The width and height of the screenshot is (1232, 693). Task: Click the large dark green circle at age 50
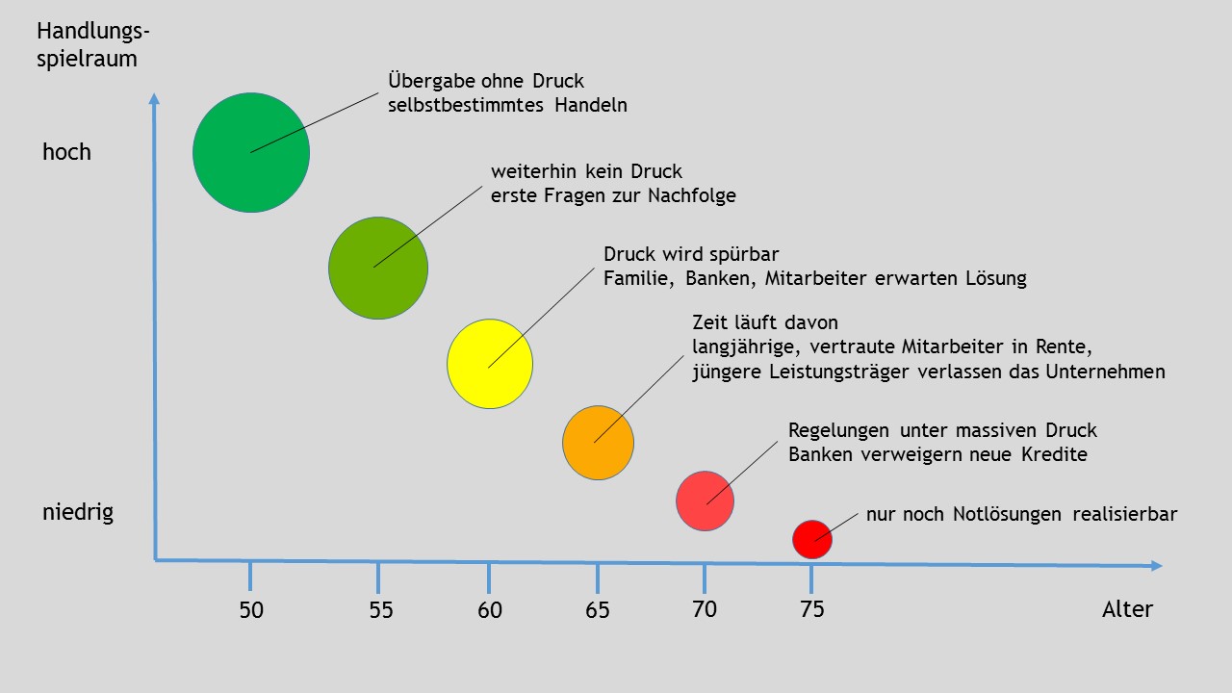click(251, 152)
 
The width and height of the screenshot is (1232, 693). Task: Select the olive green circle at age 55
click(378, 269)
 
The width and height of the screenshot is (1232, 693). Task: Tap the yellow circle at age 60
click(490, 364)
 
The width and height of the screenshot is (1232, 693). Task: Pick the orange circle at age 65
click(598, 443)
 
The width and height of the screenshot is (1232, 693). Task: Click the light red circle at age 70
click(705, 500)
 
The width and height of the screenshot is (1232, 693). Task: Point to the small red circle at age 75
click(812, 539)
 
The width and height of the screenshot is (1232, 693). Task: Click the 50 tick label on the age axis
click(251, 610)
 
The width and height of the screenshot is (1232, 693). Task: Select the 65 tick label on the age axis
click(598, 610)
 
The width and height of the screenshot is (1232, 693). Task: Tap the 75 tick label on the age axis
click(812, 609)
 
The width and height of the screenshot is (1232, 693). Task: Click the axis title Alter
click(1127, 609)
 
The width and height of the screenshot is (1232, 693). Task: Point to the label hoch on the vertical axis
click(66, 152)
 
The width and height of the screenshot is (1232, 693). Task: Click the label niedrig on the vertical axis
click(78, 512)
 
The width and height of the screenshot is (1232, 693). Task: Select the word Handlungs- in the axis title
click(93, 32)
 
